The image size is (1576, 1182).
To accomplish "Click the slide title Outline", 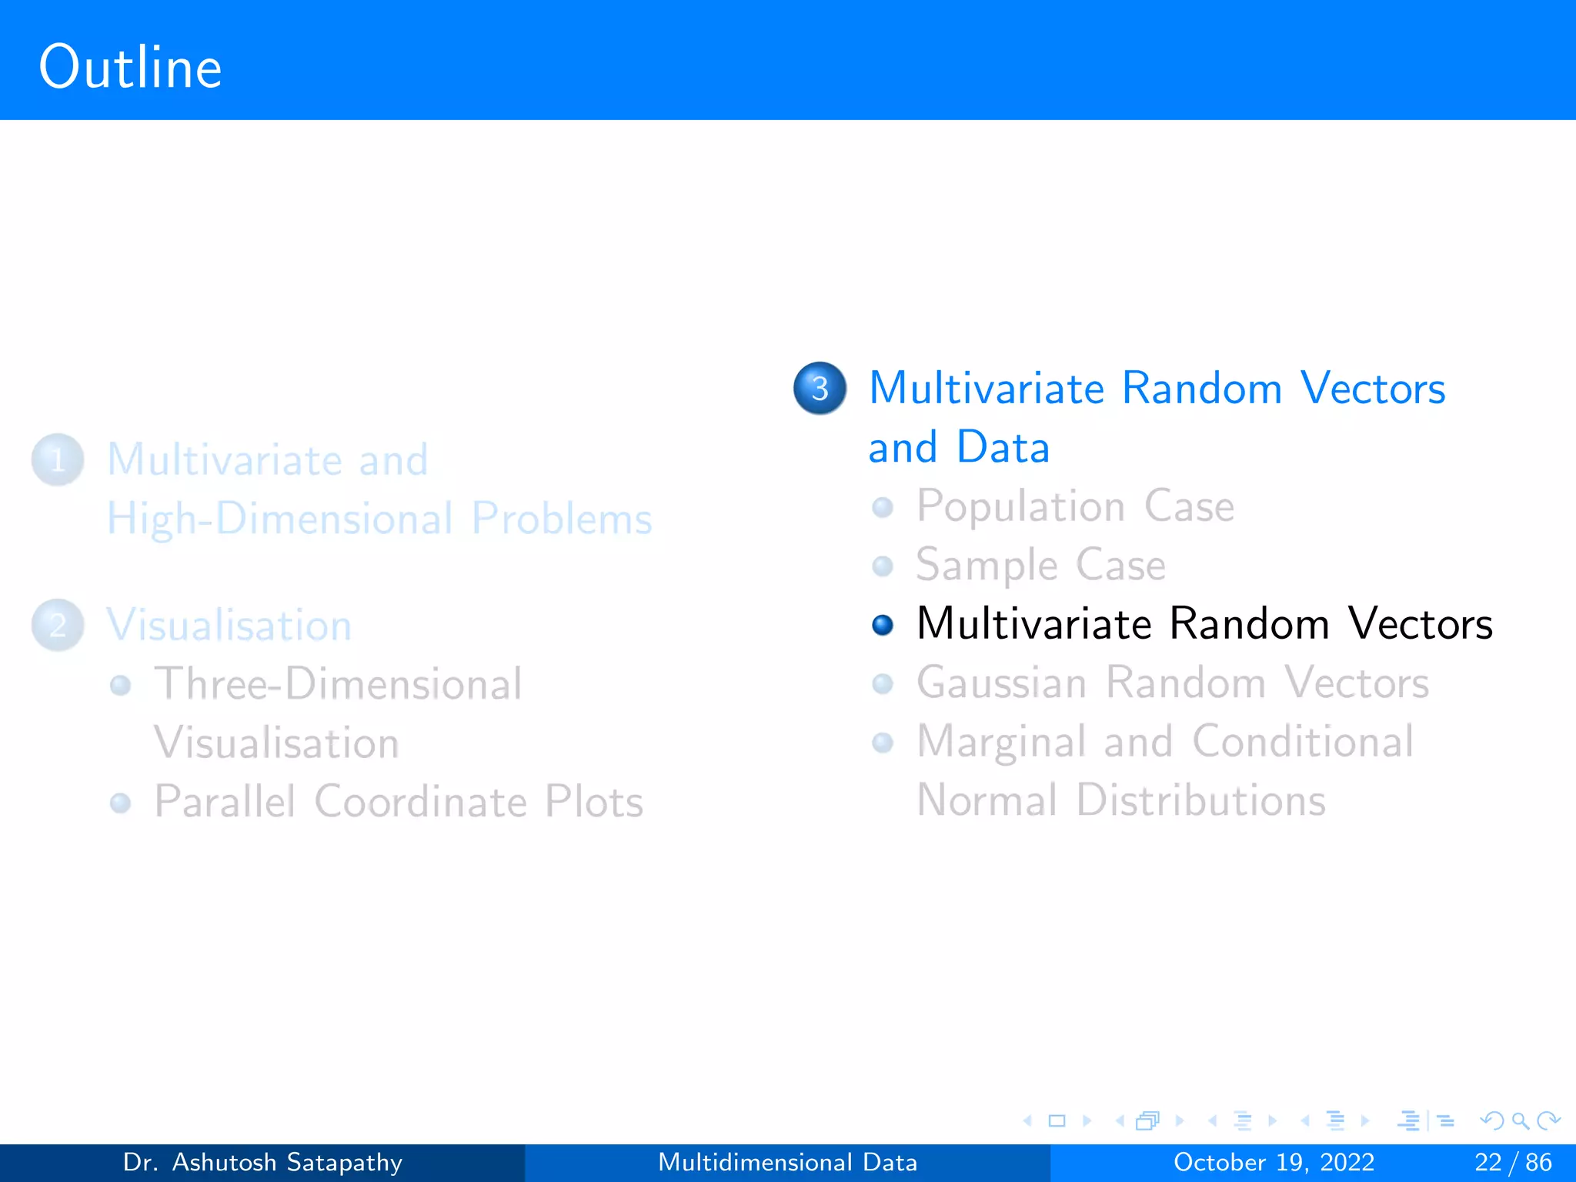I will [130, 68].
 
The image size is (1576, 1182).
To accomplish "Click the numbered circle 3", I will [820, 388].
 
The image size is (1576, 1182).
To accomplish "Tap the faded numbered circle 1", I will [58, 460].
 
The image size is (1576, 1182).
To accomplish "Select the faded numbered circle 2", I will [58, 625].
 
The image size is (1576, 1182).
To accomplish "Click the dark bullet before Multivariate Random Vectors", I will [883, 625].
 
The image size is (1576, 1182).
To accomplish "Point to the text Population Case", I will [1075, 506].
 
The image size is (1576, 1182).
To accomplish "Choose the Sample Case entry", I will [1040, 565].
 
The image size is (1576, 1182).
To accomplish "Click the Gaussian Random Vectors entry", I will [1172, 683].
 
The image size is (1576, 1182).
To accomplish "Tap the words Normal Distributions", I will [1121, 800].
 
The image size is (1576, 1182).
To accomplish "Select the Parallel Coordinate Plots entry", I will [398, 802].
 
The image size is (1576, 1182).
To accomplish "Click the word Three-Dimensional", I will [338, 683].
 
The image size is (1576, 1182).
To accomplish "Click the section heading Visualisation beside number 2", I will [229, 625].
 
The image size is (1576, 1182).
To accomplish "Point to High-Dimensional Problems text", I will [379, 519].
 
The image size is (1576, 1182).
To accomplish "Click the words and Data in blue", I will [959, 447].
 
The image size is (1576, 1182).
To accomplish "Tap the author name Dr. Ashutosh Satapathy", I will [262, 1162].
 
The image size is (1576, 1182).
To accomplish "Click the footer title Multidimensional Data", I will [787, 1162].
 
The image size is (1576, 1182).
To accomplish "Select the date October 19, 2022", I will [1274, 1162].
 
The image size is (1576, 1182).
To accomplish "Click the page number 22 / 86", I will [1512, 1162].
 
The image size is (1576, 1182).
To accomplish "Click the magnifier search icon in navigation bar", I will [1520, 1120].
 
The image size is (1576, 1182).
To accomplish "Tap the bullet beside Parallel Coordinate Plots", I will [120, 803].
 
